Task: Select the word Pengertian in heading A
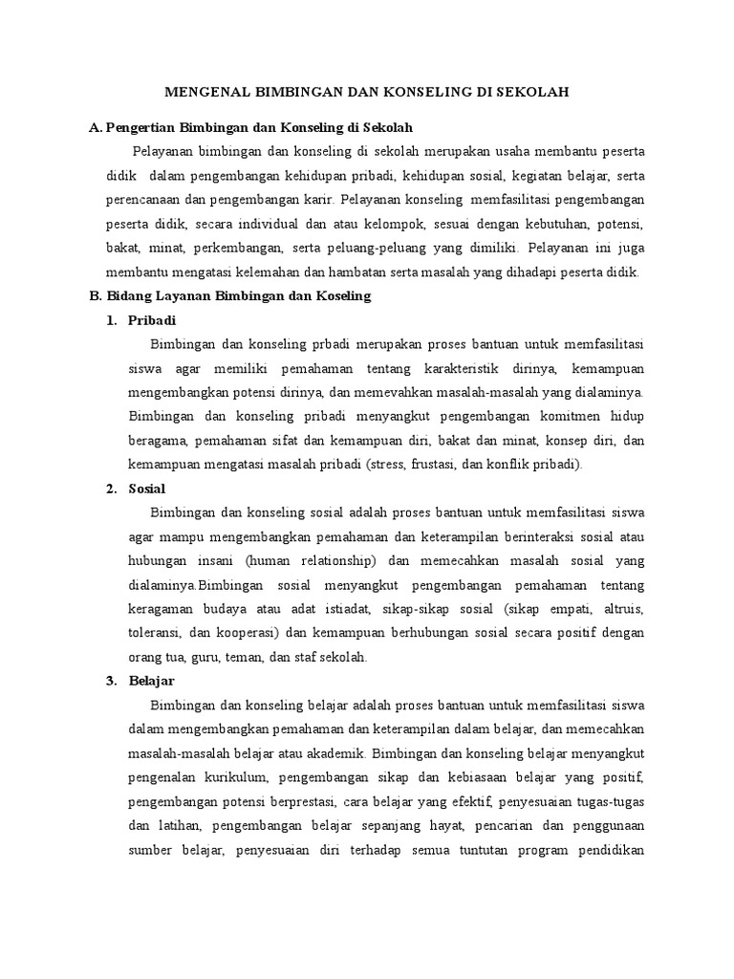pyautogui.click(x=143, y=127)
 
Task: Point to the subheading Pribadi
pyautogui.click(x=152, y=320)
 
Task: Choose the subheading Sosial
pyautogui.click(x=147, y=489)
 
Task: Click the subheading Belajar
pyautogui.click(x=151, y=681)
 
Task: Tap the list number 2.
pyautogui.click(x=111, y=489)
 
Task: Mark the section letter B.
pyautogui.click(x=94, y=296)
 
